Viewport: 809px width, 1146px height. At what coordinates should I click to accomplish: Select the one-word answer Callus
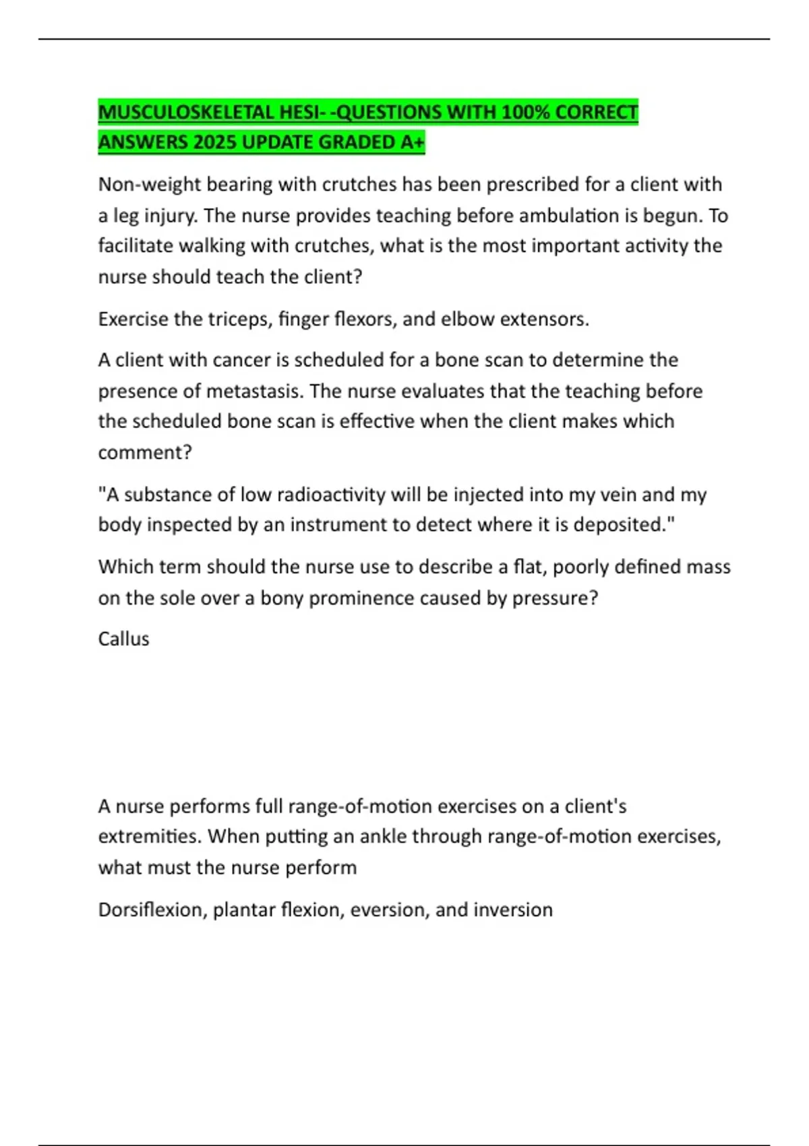point(123,639)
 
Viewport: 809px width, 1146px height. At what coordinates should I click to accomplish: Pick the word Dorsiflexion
point(152,910)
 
